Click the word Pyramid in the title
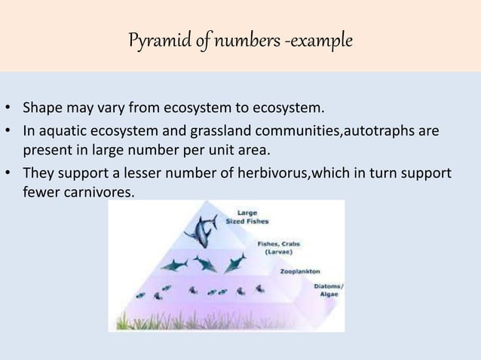[x=152, y=37]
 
